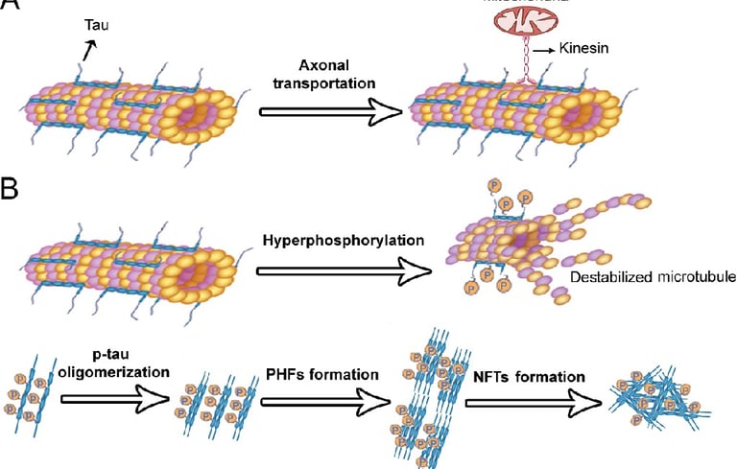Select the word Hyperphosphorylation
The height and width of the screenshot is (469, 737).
[340, 239]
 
